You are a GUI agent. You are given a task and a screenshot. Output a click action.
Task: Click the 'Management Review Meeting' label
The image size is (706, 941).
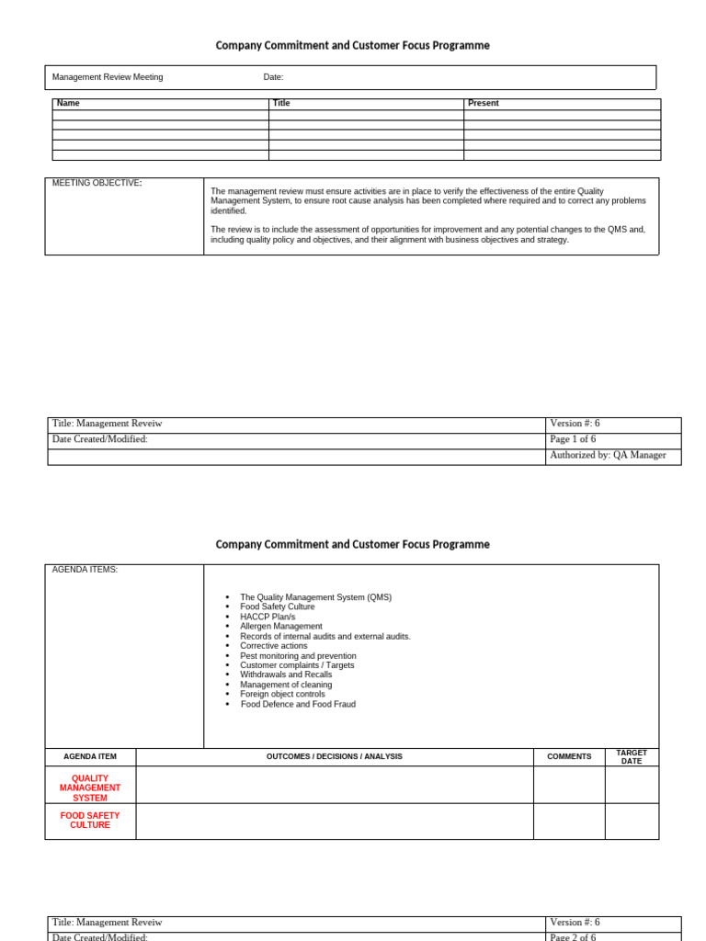tap(108, 77)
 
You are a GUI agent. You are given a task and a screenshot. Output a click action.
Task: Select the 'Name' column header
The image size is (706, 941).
tap(68, 104)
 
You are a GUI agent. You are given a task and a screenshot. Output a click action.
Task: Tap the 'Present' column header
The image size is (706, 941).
tap(484, 104)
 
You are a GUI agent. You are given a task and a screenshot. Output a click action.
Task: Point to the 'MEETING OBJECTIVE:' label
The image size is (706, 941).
tap(97, 184)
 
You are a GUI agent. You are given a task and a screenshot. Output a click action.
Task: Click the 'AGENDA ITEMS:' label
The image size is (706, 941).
tap(85, 570)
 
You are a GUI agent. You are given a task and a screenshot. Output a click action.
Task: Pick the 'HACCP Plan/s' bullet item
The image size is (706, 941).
tap(268, 617)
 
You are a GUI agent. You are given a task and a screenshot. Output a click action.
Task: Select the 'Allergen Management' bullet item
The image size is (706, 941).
tap(281, 627)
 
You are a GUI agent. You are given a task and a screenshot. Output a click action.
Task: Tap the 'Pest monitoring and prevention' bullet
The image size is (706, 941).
tap(298, 656)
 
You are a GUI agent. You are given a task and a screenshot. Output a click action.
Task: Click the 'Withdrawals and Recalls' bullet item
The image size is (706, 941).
tap(286, 675)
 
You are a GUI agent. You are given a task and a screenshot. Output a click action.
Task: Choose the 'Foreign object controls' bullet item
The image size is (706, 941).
tap(282, 694)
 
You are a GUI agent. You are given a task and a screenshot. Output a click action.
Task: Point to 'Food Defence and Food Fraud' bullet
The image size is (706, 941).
tap(298, 704)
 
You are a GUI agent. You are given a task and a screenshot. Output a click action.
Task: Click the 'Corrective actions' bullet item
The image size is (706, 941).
tap(274, 646)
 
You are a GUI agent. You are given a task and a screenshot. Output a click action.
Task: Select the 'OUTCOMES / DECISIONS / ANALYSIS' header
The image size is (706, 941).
tap(335, 757)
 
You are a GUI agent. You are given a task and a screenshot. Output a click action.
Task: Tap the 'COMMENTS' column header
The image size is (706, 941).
tap(569, 757)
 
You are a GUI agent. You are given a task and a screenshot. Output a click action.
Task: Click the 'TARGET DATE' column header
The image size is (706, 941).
tap(632, 757)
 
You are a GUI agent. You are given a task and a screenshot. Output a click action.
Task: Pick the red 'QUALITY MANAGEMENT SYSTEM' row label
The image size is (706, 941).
tap(90, 788)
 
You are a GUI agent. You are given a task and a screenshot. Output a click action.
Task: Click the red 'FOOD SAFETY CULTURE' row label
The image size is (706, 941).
tap(90, 821)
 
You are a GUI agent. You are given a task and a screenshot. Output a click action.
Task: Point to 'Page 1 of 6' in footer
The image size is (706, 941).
tap(573, 440)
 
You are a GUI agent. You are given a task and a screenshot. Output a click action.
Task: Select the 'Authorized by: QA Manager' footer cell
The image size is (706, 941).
tap(608, 456)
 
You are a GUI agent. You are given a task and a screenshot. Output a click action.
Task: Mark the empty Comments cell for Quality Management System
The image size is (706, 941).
tap(569, 786)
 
